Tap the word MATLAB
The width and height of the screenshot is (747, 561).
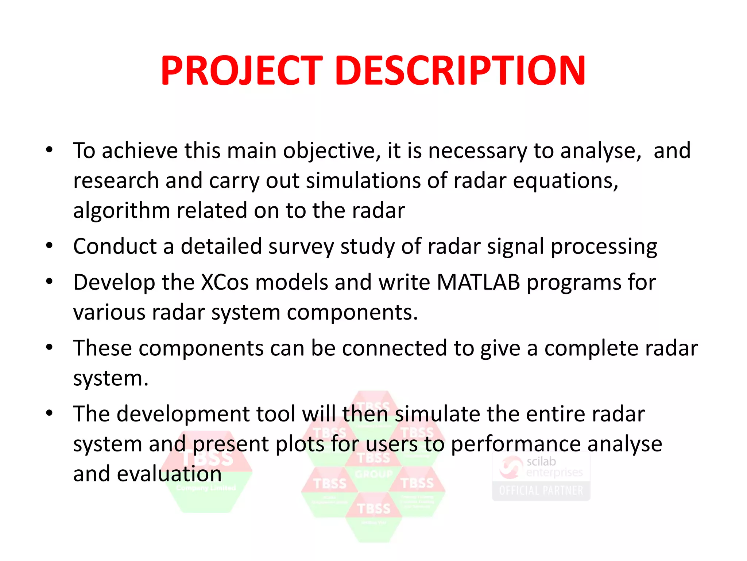point(478,282)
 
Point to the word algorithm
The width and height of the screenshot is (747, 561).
point(121,211)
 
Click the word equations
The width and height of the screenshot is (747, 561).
point(565,181)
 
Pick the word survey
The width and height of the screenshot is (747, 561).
point(301,247)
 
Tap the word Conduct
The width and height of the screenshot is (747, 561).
point(115,247)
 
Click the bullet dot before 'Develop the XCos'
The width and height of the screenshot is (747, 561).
point(50,282)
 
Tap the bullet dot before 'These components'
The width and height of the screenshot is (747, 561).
point(50,347)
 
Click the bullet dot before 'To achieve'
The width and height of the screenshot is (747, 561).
point(50,150)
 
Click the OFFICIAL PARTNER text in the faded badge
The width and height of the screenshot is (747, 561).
point(541,491)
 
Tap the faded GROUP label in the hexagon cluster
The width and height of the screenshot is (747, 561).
point(373,474)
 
